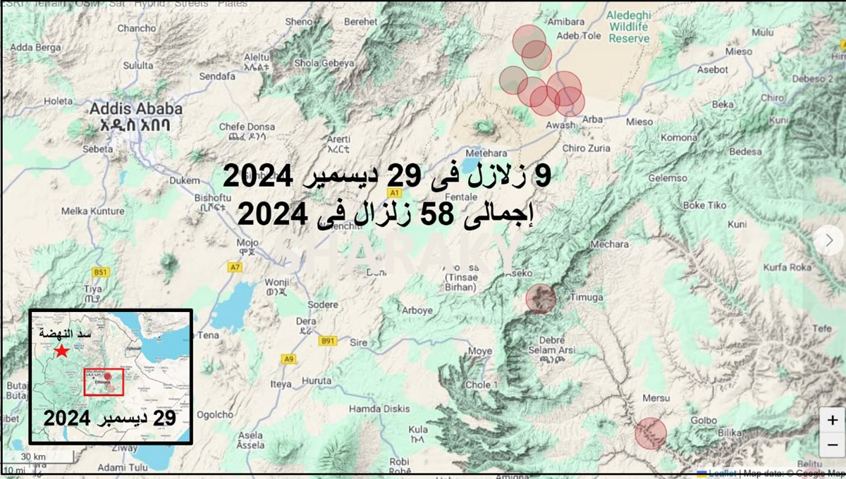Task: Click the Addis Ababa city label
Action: click(135, 109)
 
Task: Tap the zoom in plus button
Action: click(832, 421)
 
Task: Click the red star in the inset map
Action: click(62, 351)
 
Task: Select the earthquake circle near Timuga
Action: click(541, 299)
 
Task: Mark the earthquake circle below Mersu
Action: click(650, 433)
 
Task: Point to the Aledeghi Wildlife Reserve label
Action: click(629, 27)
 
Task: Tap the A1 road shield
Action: click(395, 192)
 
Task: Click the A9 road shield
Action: click(288, 359)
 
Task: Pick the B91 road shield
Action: click(328, 341)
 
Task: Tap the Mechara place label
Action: click(610, 244)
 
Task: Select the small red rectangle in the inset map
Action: click(104, 381)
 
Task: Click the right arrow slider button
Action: click(828, 240)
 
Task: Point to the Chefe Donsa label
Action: click(242, 127)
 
